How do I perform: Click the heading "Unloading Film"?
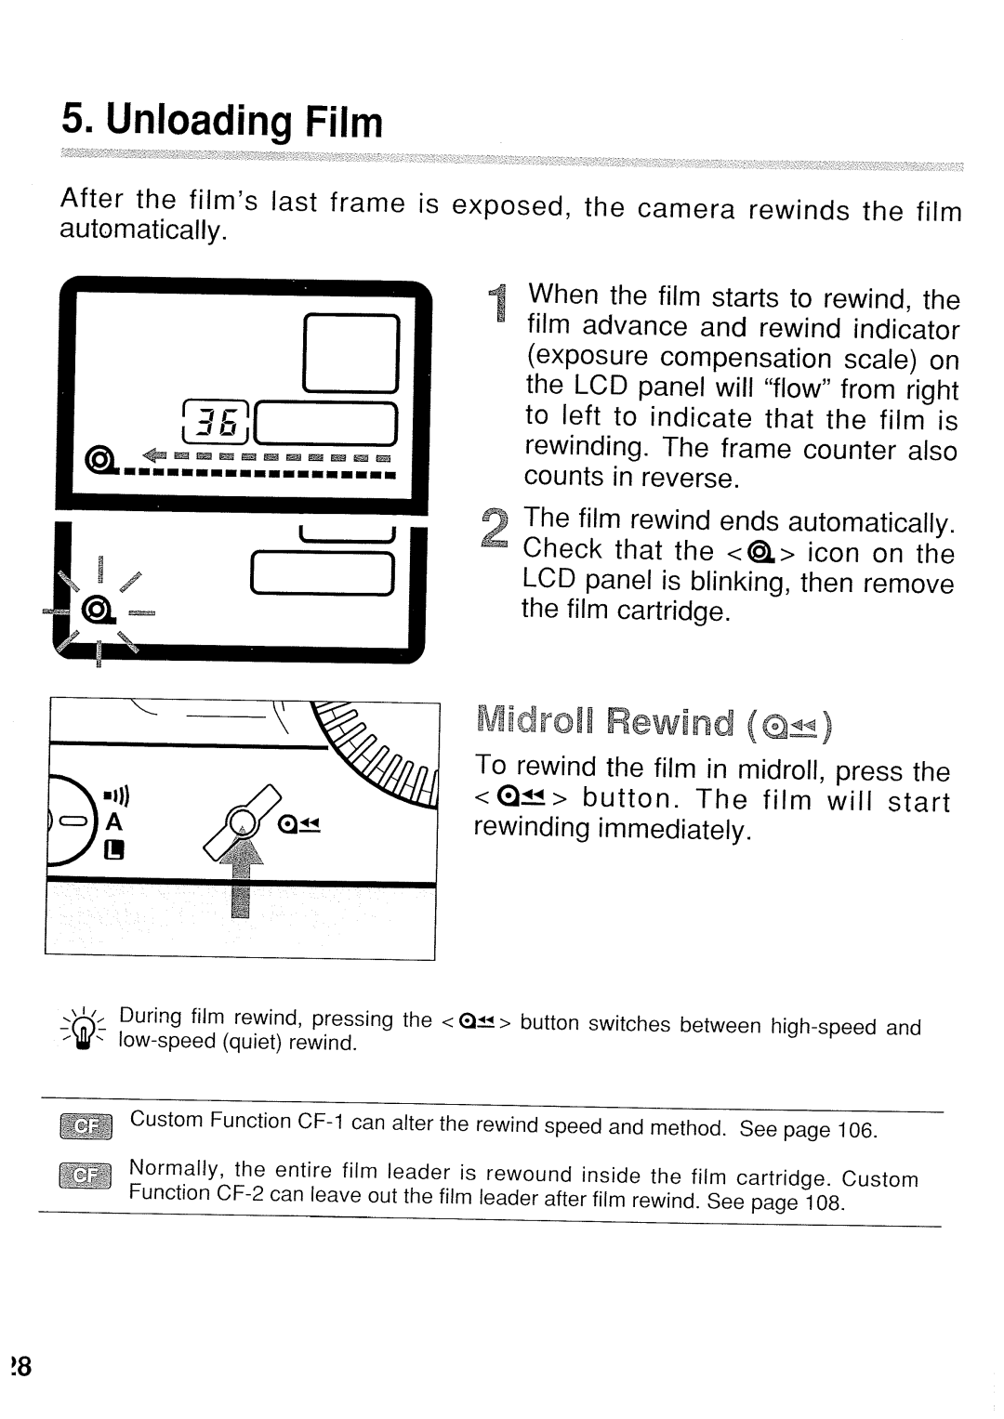(x=222, y=122)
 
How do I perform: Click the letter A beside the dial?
(x=114, y=821)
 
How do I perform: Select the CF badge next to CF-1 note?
(x=85, y=1126)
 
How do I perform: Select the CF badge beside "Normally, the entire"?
(x=85, y=1177)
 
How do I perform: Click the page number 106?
(x=856, y=1131)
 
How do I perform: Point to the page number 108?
(x=824, y=1203)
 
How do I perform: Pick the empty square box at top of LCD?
(x=351, y=354)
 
